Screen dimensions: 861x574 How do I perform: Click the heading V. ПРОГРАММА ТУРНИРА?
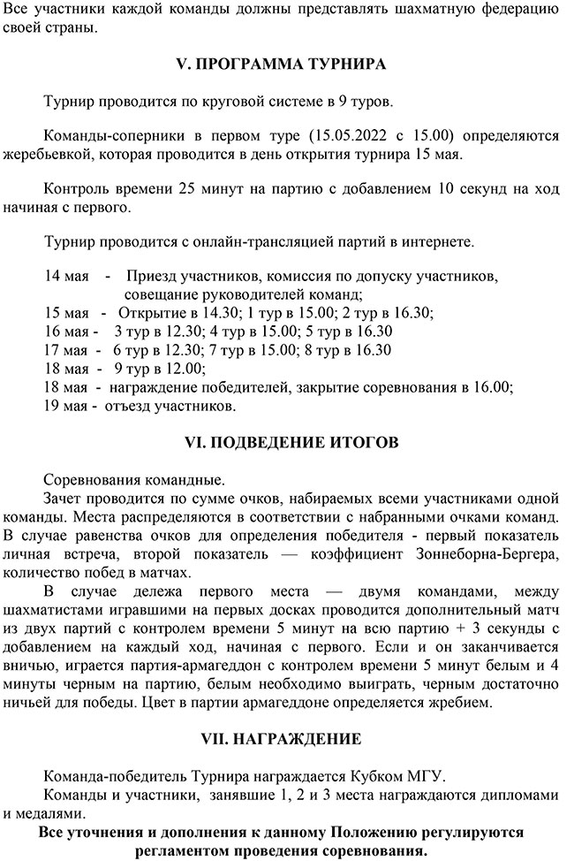[x=288, y=65]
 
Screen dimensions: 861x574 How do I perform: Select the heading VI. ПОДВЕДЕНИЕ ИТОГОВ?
[x=287, y=441]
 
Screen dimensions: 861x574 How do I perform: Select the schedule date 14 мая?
[x=66, y=277]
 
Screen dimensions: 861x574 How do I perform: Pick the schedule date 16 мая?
[x=66, y=331]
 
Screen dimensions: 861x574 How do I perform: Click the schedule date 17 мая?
[x=66, y=349]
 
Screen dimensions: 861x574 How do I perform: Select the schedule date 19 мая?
[x=66, y=406]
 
